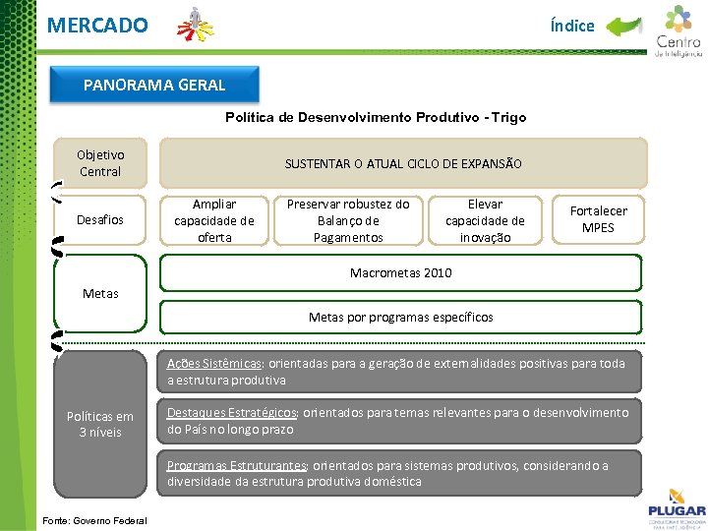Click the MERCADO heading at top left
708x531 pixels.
(97, 25)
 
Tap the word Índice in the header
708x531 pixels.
(572, 26)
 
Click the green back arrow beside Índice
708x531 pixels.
(623, 26)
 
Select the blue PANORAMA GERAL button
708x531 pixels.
(154, 85)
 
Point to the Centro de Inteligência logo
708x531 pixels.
(678, 31)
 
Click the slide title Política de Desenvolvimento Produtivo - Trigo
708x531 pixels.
(376, 117)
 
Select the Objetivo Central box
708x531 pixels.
(100, 163)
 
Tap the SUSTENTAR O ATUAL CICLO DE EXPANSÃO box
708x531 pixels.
(403, 163)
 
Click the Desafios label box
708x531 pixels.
(100, 219)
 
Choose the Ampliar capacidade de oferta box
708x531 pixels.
(214, 220)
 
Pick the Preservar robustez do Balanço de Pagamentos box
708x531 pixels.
(348, 220)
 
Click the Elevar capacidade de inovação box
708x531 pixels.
(485, 220)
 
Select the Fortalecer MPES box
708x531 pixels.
(598, 219)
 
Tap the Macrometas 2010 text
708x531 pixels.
(401, 272)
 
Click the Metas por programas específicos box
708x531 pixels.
(401, 317)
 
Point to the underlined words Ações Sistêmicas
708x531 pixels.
(213, 363)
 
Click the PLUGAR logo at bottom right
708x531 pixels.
(676, 505)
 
